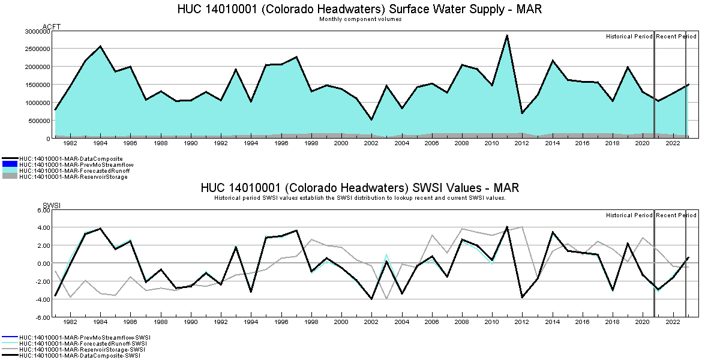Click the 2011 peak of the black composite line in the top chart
tap(507, 35)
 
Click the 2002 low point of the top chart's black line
tap(371, 119)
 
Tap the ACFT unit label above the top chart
tap(52, 26)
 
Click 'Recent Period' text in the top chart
tap(676, 37)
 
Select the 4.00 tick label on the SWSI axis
tap(43, 227)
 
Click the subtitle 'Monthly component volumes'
tap(360, 19)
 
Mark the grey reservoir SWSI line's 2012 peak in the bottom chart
tap(522, 227)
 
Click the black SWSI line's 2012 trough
tap(522, 297)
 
